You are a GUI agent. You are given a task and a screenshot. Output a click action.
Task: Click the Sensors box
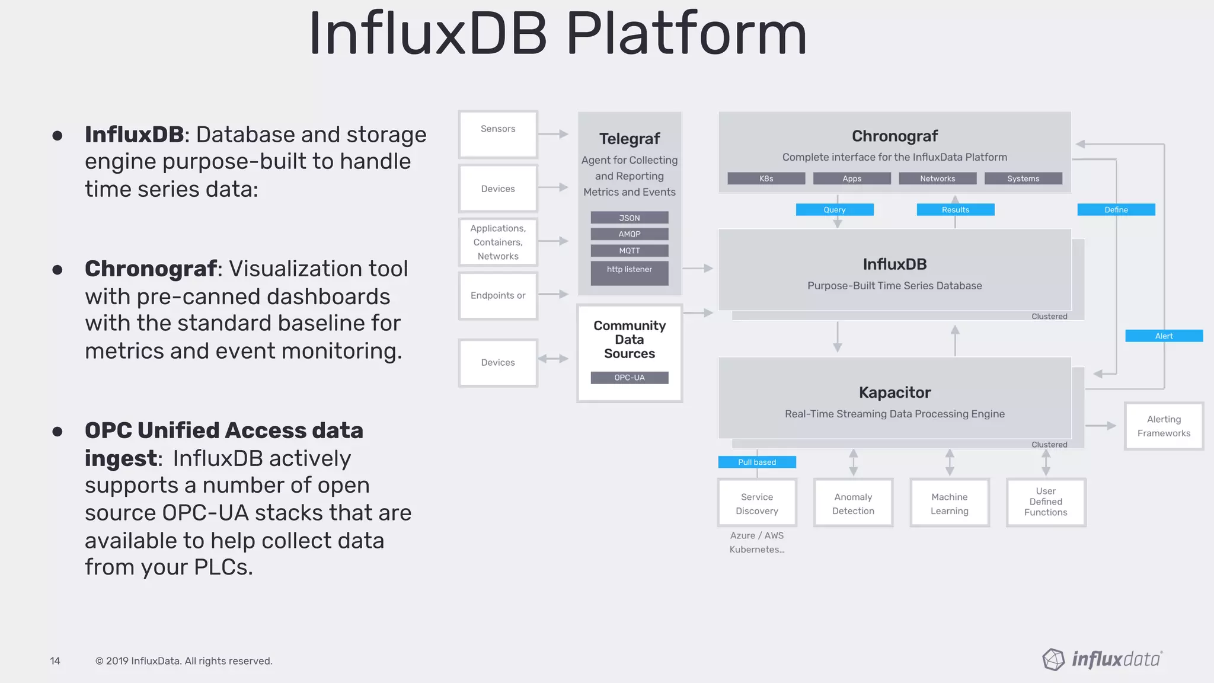[x=498, y=134]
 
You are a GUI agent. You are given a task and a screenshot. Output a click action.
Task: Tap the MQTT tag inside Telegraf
[x=629, y=251]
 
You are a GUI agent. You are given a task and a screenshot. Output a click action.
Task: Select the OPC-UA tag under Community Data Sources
[x=629, y=378]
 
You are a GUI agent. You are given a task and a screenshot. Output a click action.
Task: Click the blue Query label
[x=834, y=210]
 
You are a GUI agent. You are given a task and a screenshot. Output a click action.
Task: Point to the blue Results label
[x=955, y=210]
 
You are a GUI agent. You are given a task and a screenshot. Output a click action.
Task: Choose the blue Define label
[x=1116, y=210]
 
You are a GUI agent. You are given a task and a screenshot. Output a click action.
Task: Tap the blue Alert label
[x=1164, y=336]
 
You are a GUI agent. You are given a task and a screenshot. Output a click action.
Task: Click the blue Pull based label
[x=756, y=462]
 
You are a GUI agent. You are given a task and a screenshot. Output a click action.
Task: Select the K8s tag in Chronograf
[x=766, y=178]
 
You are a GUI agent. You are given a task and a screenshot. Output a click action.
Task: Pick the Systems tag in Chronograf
[x=1023, y=178]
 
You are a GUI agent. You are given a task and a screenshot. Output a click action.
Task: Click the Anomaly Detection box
[x=853, y=503]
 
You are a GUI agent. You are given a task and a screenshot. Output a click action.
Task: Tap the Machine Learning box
[x=949, y=503]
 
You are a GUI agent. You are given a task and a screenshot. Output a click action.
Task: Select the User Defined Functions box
[x=1046, y=502]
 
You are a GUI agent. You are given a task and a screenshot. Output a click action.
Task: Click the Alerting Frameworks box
[x=1164, y=426]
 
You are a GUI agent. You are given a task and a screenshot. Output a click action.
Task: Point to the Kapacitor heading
[x=894, y=392]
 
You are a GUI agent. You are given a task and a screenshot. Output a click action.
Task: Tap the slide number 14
[x=55, y=661]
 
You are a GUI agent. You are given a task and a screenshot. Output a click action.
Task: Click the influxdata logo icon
[x=1053, y=659]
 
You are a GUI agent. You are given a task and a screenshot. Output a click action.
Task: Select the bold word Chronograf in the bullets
[x=151, y=269]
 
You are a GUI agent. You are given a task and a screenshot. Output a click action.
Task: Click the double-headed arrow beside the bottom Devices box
[x=553, y=359]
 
